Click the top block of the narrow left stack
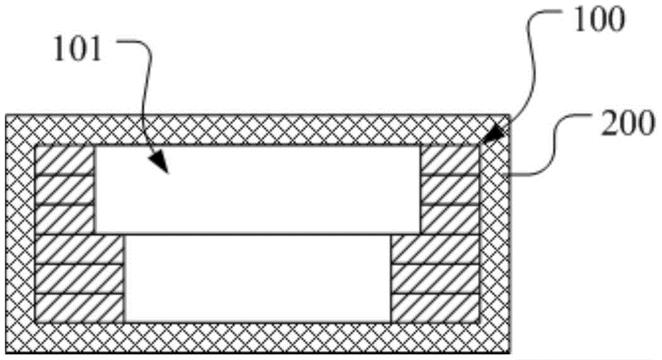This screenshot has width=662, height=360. coord(65,160)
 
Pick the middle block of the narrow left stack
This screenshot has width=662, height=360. coord(65,190)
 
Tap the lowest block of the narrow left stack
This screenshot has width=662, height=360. coord(65,219)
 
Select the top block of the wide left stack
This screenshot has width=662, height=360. coord(79,248)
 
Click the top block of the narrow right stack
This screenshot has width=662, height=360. coord(449,160)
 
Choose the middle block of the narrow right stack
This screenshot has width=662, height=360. coord(449,190)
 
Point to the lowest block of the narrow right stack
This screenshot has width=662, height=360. coord(449,219)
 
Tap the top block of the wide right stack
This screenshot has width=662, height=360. coord(435,248)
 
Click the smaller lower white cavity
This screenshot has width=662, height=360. coord(258,278)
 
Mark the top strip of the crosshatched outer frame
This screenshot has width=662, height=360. coord(258,130)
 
